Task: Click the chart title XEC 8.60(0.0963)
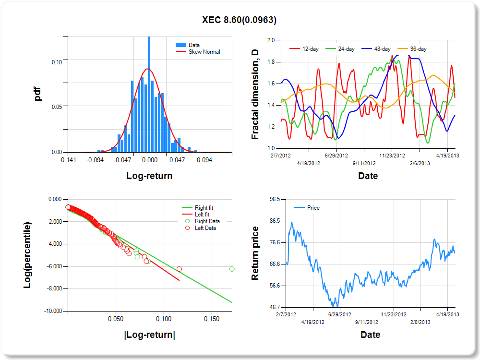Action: click(x=239, y=20)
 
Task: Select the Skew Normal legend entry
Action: click(x=204, y=51)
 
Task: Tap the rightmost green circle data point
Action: click(x=232, y=269)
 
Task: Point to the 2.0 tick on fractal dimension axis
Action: click(x=271, y=40)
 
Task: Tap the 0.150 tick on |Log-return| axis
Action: click(x=212, y=319)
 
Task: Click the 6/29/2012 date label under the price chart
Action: click(x=339, y=314)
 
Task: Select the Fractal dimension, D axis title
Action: click(x=255, y=95)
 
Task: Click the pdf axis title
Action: click(x=38, y=94)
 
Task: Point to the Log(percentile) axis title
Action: click(x=28, y=255)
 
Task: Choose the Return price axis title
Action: click(x=255, y=253)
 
